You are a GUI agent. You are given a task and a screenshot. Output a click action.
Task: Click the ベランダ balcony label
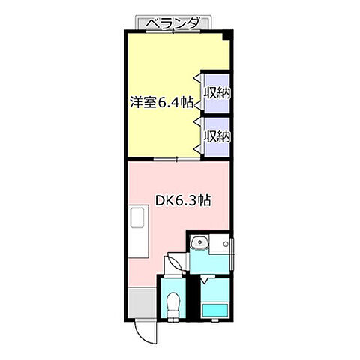[x=173, y=23]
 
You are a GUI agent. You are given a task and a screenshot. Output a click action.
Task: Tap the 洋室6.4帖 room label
[x=161, y=102]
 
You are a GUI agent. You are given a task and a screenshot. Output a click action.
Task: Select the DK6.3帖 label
[x=183, y=200]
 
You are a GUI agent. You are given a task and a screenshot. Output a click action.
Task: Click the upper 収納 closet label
[x=217, y=93]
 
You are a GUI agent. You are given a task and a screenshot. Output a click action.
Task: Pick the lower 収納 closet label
[x=217, y=136]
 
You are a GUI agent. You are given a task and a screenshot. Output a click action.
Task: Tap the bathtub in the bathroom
[x=215, y=310]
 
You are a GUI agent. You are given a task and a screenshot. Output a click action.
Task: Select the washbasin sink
[x=199, y=241]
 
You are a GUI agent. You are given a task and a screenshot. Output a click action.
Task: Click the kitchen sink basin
[x=137, y=218]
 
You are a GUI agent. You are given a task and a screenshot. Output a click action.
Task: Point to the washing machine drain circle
[x=226, y=244]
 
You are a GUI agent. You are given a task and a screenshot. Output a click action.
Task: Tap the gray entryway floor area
[x=142, y=303]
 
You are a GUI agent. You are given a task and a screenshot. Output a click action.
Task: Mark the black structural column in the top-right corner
[x=227, y=35]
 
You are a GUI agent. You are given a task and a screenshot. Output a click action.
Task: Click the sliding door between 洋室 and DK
[x=177, y=159]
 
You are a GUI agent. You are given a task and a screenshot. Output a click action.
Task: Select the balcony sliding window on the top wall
[x=173, y=31]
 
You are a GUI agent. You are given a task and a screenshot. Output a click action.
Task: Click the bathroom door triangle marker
[x=205, y=280]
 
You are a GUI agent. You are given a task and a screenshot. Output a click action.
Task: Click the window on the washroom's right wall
[x=232, y=253]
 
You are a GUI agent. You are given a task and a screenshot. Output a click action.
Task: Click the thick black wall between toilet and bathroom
[x=193, y=297]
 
